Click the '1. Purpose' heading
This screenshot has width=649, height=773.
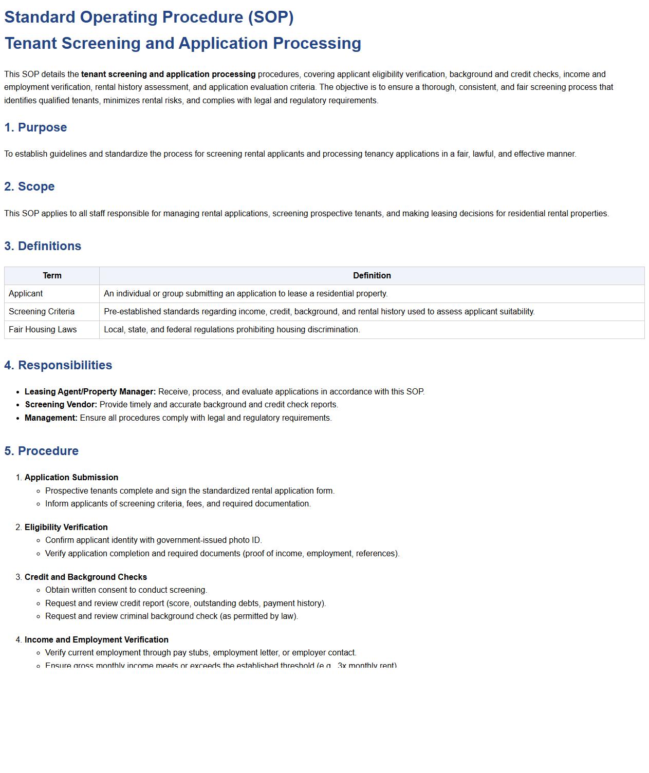35,127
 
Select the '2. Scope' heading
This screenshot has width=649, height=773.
29,186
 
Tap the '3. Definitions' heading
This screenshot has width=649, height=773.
43,246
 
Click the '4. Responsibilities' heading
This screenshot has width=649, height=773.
58,365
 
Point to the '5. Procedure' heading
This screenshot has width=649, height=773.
41,451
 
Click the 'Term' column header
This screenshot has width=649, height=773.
52,276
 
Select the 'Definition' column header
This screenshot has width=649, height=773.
372,276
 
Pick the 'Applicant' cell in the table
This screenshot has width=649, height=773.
26,294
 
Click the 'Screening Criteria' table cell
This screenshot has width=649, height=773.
42,312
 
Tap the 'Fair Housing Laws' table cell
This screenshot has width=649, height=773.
43,330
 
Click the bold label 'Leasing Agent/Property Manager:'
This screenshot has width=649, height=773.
90,392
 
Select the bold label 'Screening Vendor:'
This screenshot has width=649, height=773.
61,405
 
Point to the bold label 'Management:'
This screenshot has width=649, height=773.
51,418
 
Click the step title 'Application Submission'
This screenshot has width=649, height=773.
71,478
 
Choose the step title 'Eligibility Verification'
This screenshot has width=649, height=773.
66,527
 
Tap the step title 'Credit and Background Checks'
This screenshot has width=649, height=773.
86,577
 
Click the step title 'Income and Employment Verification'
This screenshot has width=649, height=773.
97,640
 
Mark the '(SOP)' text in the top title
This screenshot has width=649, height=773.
271,17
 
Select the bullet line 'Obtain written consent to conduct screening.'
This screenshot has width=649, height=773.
126,590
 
